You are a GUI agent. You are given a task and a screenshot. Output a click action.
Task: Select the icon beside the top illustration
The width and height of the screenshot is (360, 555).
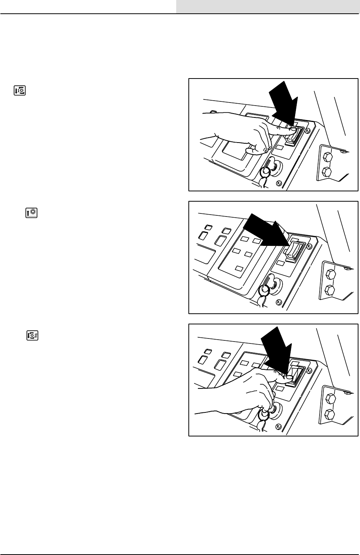pyautogui.click(x=19, y=91)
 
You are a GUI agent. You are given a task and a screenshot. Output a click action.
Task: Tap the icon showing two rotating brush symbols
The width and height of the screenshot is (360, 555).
pyautogui.click(x=32, y=336)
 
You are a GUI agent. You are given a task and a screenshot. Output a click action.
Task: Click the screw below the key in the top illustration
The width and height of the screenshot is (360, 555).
pyautogui.click(x=279, y=183)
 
